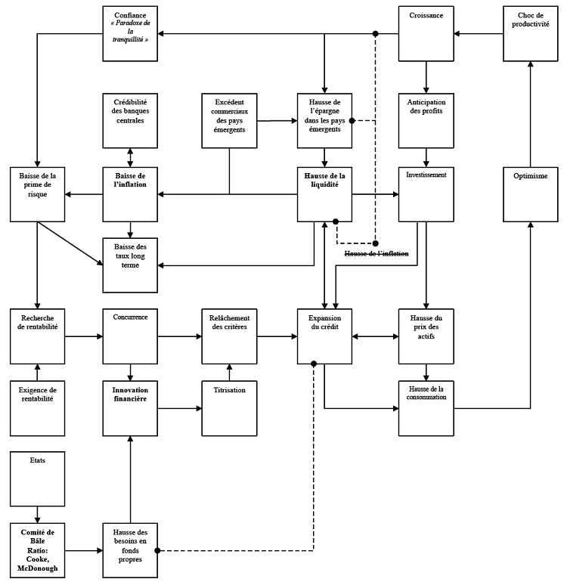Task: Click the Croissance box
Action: (x=426, y=34)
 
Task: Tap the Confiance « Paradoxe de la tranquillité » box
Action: (x=130, y=34)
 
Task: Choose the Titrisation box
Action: (x=229, y=407)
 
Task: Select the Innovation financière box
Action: (x=130, y=407)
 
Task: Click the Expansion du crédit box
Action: (x=325, y=336)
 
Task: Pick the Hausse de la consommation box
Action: (x=426, y=407)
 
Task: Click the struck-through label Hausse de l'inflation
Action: (x=376, y=254)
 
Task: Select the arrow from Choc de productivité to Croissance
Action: (x=479, y=34)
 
